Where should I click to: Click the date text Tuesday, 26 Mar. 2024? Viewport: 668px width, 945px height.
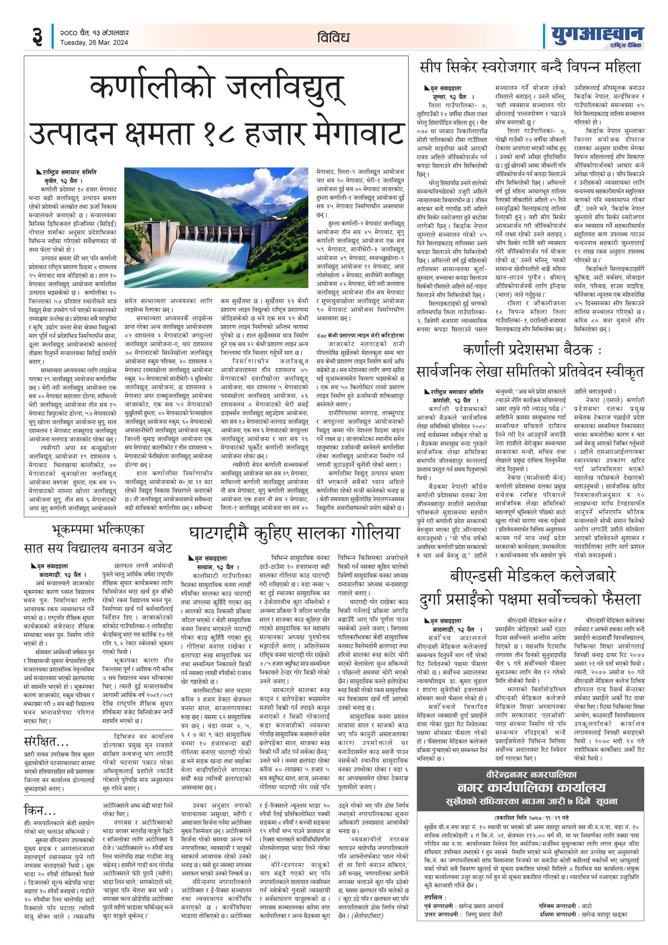94,43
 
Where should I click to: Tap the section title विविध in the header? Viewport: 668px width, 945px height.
333,38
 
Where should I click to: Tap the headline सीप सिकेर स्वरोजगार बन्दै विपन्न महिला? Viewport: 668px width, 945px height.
530,68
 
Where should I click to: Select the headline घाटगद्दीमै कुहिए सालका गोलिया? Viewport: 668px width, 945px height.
294,534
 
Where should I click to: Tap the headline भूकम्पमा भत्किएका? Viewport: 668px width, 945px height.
98,529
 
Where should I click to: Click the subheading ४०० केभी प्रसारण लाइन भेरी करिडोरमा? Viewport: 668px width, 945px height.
360,335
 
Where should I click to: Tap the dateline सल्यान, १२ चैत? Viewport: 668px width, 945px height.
215,567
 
